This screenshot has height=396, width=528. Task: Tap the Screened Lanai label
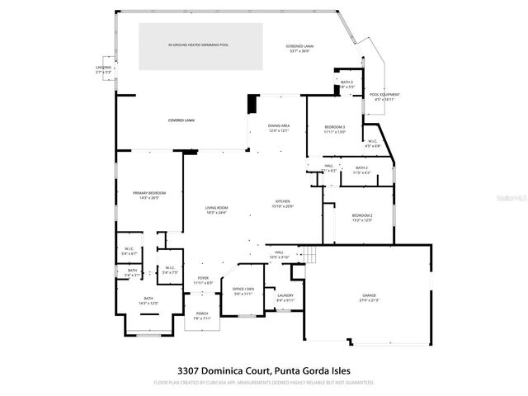tap(298, 48)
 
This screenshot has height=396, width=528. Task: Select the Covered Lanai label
tap(181, 120)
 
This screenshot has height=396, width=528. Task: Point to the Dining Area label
tap(278, 127)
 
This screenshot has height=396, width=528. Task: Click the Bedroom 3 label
tap(334, 128)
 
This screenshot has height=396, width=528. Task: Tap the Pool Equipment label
tap(384, 97)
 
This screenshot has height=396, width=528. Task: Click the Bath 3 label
tap(346, 83)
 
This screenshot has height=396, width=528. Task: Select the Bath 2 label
tap(362, 169)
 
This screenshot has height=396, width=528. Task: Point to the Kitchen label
tap(283, 203)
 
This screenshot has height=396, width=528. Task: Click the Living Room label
tap(217, 210)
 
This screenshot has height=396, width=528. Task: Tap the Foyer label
tap(203, 280)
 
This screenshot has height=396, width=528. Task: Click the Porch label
tap(203, 315)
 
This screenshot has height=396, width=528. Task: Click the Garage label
tap(368, 297)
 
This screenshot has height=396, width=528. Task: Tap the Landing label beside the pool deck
tap(103, 68)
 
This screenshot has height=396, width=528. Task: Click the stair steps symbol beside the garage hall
tap(310, 255)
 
